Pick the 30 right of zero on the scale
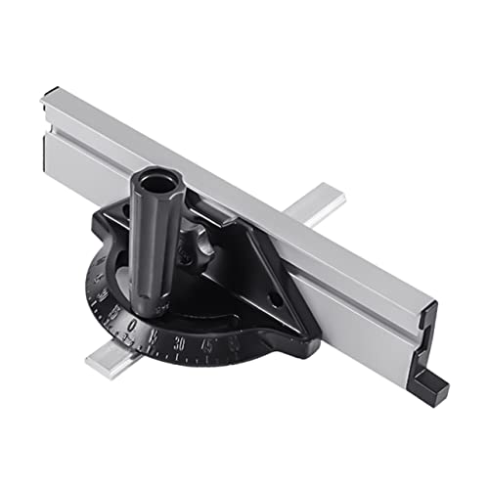tap(180, 343)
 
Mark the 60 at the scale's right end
tap(233, 342)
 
